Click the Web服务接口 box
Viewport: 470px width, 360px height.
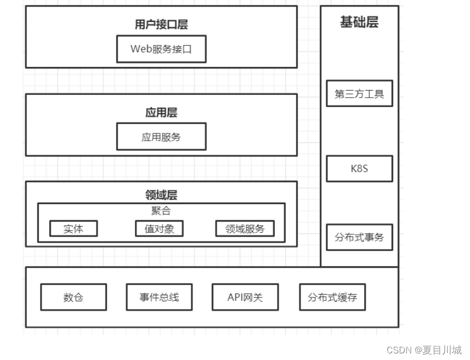click(x=161, y=49)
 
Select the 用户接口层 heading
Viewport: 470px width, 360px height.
click(x=161, y=25)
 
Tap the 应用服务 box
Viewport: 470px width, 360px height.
click(x=161, y=137)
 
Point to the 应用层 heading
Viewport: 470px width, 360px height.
click(x=161, y=113)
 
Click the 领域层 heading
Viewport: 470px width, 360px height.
click(x=161, y=195)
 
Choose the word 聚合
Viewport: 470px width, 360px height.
click(x=161, y=211)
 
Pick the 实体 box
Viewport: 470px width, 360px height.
click(x=73, y=229)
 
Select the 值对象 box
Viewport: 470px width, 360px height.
click(x=159, y=229)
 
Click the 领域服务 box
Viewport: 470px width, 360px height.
click(x=245, y=229)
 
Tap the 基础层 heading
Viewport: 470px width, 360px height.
click(x=359, y=22)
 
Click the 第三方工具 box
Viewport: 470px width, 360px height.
click(x=359, y=94)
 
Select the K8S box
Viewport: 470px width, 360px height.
click(x=359, y=168)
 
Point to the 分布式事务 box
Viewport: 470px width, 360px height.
click(x=359, y=238)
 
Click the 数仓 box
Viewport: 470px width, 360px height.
click(x=73, y=297)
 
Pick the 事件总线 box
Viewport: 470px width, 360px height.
click(x=159, y=297)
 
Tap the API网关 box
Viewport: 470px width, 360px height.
click(x=245, y=297)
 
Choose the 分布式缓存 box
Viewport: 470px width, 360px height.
click(x=332, y=297)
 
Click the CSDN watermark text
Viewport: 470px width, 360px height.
click(x=399, y=350)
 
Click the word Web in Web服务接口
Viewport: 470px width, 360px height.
click(x=140, y=49)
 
